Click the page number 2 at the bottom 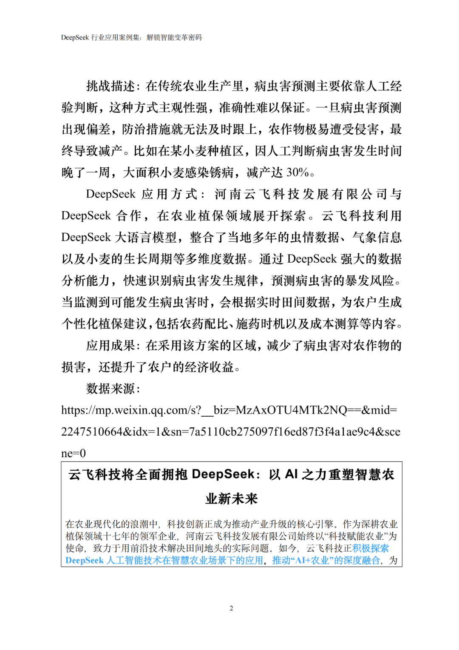pyautogui.click(x=231, y=608)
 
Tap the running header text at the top pyautogui.click(x=131, y=37)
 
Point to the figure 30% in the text pyautogui.click(x=297, y=172)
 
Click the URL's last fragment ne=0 pyautogui.click(x=73, y=453)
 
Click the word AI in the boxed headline pyautogui.click(x=291, y=474)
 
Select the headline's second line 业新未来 pyautogui.click(x=232, y=498)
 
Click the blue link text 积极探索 pyautogui.click(x=371, y=548)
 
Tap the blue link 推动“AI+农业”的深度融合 pyautogui.click(x=326, y=560)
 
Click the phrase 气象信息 pyautogui.click(x=377, y=237)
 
